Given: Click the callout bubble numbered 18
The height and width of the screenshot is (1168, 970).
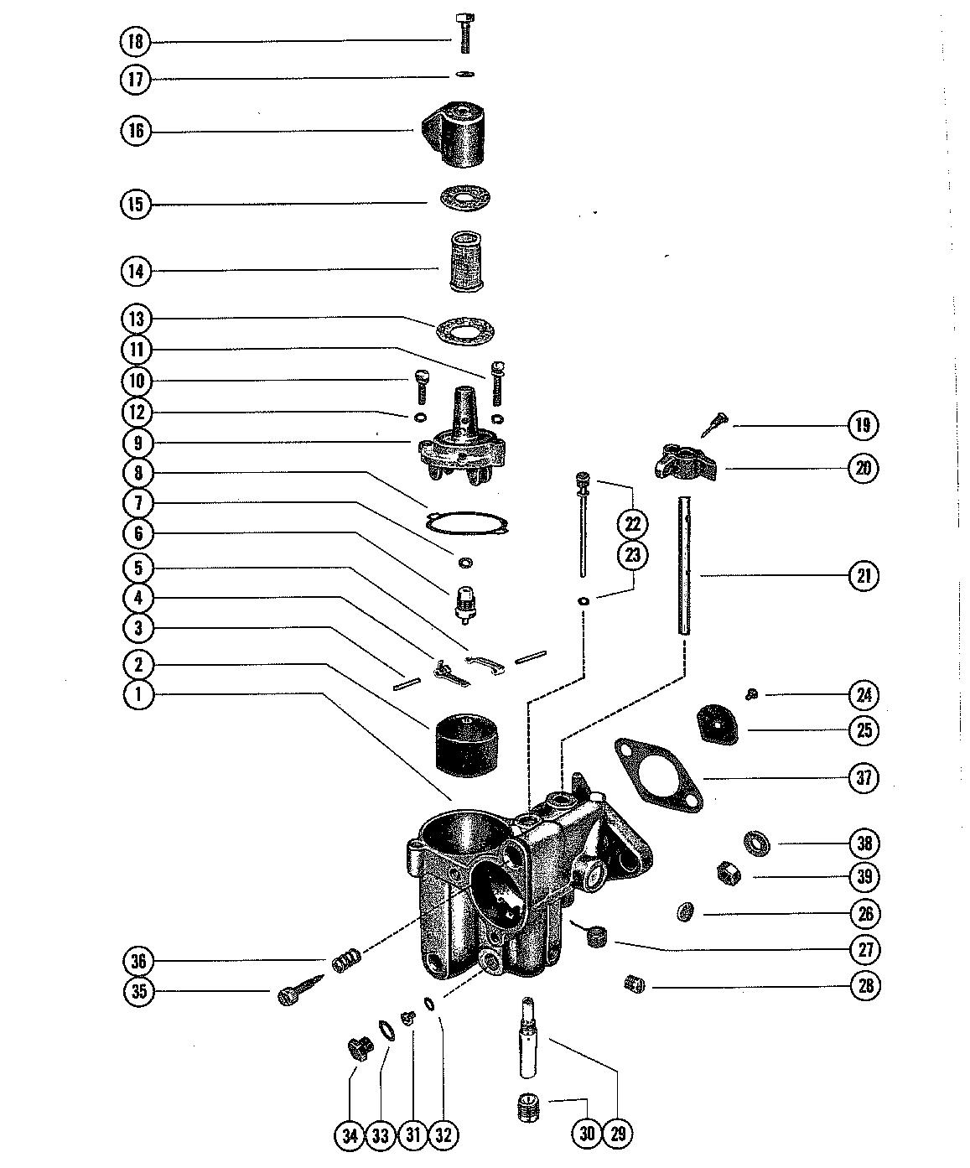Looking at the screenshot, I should pyautogui.click(x=136, y=41).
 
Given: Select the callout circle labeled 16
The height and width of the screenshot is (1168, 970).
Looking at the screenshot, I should pyautogui.click(x=136, y=132).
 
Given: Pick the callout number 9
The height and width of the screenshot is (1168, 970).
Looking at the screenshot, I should pyautogui.click(x=137, y=443).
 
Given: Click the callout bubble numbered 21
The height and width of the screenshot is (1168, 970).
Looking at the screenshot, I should pyautogui.click(x=864, y=575).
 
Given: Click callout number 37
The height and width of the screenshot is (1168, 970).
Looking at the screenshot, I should pyautogui.click(x=864, y=777).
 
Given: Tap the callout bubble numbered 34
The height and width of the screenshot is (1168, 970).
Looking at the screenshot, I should pyautogui.click(x=350, y=1135).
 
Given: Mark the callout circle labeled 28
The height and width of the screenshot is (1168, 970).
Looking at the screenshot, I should pyautogui.click(x=864, y=984).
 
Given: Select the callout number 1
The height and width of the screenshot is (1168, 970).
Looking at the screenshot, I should pyautogui.click(x=139, y=694).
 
